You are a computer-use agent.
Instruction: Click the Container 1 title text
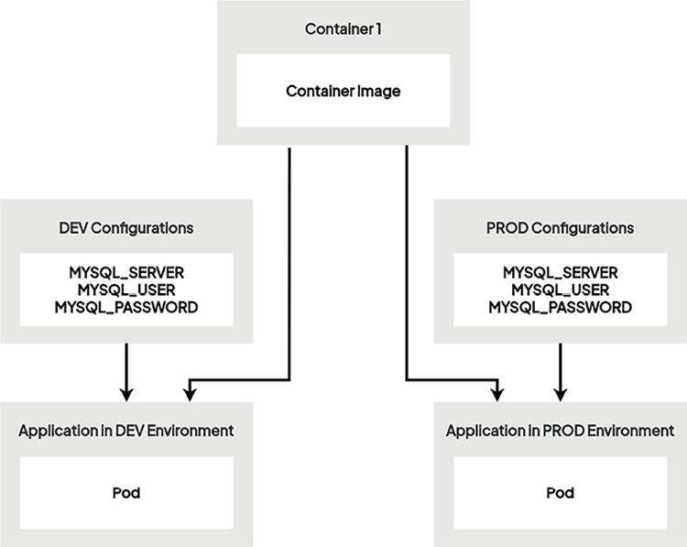coord(343,29)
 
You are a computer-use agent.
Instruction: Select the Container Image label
coord(343,91)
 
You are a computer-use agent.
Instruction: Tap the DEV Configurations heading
coord(125,227)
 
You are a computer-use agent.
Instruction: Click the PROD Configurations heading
coord(560,227)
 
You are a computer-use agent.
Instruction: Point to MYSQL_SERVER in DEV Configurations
coord(125,273)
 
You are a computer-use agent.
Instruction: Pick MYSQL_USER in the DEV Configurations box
coord(125,290)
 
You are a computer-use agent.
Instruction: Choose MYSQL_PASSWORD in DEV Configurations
coord(125,308)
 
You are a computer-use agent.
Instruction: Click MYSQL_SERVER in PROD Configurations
coord(560,273)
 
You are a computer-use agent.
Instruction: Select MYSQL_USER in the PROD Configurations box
coord(560,290)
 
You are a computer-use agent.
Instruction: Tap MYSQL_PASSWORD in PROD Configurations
coord(560,308)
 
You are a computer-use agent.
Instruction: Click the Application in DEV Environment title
coord(125,430)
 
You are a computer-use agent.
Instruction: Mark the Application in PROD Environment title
coord(560,430)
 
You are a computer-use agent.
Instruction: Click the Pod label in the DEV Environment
coord(125,493)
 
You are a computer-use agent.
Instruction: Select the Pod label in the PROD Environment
coord(560,493)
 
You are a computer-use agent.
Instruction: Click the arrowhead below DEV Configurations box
coord(125,393)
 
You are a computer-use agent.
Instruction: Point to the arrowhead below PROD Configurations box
coord(560,393)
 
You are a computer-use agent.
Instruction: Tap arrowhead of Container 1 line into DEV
coord(190,393)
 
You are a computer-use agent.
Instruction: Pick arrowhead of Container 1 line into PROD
coord(496,393)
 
